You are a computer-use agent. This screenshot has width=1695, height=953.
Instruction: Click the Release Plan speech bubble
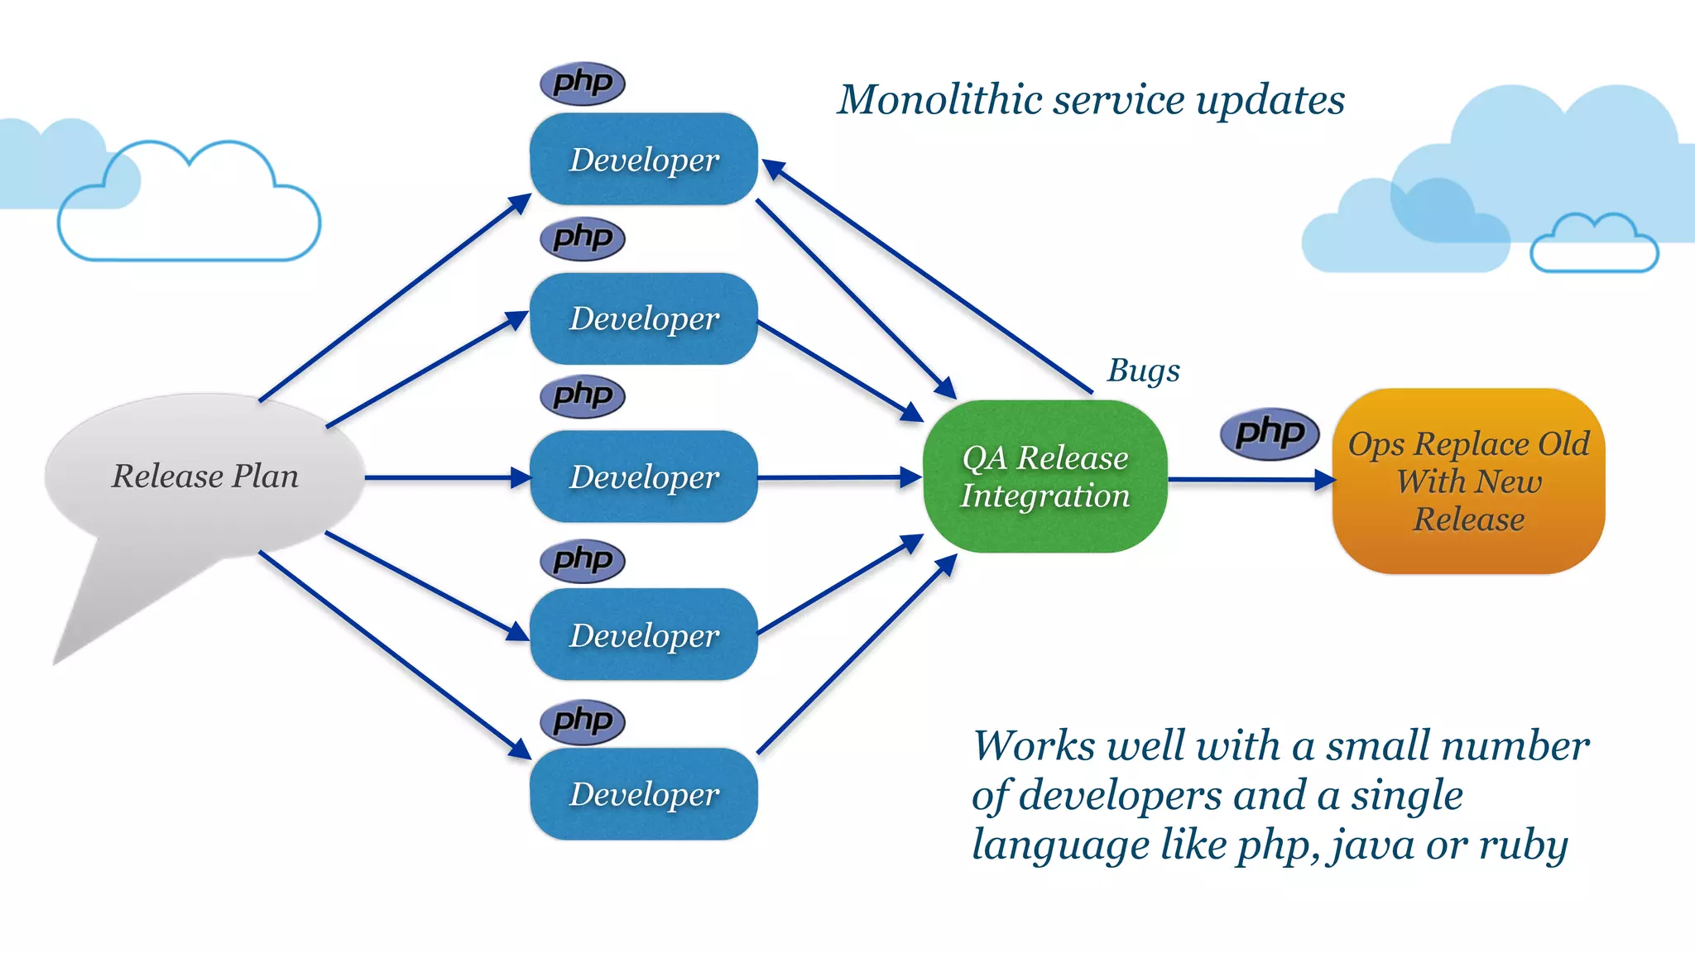tap(204, 476)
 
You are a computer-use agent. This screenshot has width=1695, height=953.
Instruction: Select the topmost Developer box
tap(644, 159)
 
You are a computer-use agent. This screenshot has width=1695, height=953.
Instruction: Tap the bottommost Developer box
tap(644, 793)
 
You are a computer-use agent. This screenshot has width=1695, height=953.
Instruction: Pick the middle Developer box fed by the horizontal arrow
tap(644, 476)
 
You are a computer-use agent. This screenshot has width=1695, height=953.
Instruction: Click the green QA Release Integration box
tap(1044, 476)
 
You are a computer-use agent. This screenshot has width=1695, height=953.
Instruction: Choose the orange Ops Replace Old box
tap(1468, 481)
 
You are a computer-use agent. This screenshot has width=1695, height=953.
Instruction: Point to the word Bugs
tap(1144, 370)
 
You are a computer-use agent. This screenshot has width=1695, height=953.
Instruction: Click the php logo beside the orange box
tap(1270, 433)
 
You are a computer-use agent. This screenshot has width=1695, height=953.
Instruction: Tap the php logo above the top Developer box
tap(583, 83)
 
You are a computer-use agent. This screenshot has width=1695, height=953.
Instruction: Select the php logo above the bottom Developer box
tap(583, 721)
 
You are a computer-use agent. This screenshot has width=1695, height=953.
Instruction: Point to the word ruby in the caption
tap(1523, 845)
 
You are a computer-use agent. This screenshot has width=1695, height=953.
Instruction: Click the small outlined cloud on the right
tap(1593, 246)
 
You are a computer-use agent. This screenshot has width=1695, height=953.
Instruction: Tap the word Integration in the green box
tap(1044, 496)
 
